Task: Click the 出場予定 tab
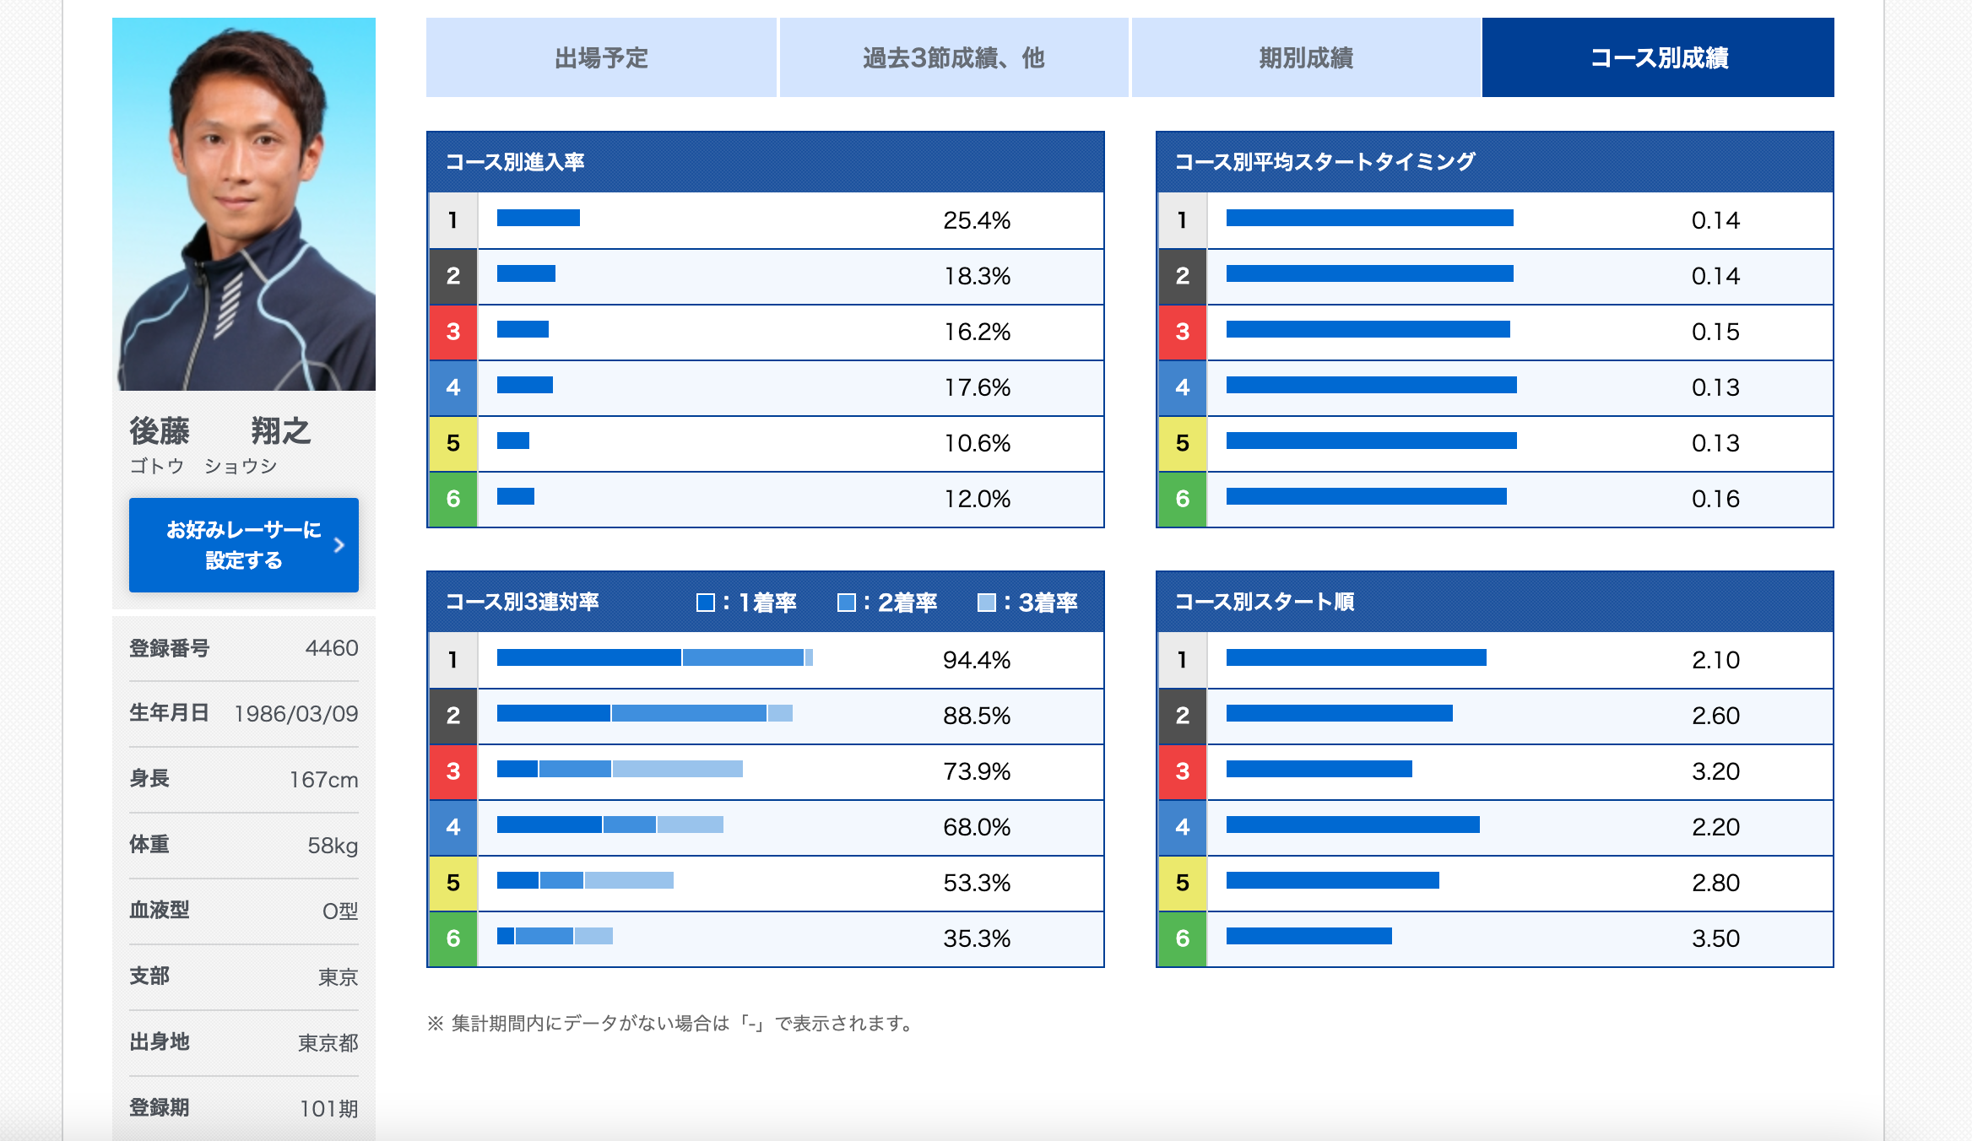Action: point(601,57)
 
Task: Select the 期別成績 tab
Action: point(1305,57)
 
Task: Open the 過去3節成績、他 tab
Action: point(953,57)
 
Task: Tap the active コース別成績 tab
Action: point(1658,57)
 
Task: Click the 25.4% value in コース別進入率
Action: point(977,220)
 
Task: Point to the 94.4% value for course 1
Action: point(977,660)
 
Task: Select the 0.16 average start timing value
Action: point(1715,499)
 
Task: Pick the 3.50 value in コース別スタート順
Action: point(1715,938)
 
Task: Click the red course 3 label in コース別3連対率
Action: point(453,771)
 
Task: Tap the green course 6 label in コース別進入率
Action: point(453,499)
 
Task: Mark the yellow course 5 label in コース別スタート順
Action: point(1182,883)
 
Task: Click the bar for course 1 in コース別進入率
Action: point(539,218)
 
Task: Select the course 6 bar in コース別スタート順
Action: point(1308,936)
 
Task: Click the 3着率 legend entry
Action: point(1027,603)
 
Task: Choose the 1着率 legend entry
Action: point(746,603)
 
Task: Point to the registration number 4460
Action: point(332,648)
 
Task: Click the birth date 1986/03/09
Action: point(295,714)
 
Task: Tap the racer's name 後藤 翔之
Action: point(220,431)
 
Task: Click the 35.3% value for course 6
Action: point(977,938)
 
